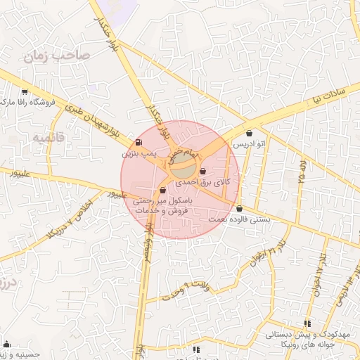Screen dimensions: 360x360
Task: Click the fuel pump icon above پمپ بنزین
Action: point(137,141)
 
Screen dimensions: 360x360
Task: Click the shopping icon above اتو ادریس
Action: point(250,134)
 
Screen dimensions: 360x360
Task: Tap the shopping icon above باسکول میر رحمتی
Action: point(163,190)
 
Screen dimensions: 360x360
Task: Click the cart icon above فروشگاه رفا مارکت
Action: point(25,91)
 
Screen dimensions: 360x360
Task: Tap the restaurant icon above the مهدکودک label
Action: point(307,323)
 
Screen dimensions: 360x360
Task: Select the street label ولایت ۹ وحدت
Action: point(187,289)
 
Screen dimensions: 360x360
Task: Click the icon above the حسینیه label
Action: point(7,345)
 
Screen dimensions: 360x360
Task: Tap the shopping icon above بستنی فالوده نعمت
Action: point(240,208)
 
